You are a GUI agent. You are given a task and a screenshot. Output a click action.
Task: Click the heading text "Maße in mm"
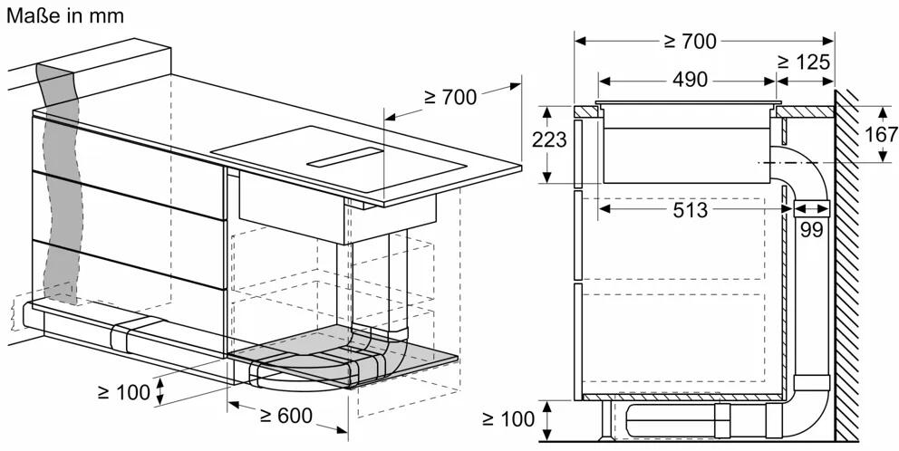click(64, 15)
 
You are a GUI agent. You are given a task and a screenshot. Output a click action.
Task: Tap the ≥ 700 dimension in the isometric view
click(450, 98)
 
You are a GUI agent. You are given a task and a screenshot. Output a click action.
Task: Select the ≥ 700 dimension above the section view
click(691, 42)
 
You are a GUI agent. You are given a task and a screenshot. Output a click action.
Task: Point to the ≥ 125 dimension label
click(804, 62)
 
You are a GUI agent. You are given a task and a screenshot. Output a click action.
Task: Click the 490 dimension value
click(690, 80)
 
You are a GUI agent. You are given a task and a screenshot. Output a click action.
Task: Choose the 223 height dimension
click(548, 139)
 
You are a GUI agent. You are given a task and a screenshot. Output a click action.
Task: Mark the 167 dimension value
click(881, 134)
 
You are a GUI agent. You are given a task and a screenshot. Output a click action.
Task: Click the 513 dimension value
click(691, 210)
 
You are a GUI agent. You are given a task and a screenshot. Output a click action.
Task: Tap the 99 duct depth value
click(811, 230)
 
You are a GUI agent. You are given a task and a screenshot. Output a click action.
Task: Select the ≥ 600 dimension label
click(285, 415)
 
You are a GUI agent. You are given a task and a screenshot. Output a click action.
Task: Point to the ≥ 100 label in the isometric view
click(124, 392)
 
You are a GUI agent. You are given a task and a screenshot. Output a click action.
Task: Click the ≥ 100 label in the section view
click(508, 419)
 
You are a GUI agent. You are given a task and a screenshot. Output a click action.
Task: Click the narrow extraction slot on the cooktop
click(344, 157)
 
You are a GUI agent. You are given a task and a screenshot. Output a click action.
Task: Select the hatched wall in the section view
click(846, 264)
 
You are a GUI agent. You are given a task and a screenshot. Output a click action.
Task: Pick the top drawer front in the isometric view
click(129, 168)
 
